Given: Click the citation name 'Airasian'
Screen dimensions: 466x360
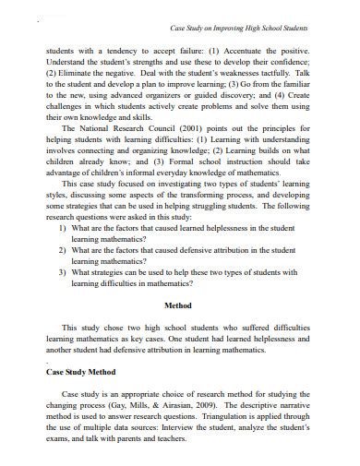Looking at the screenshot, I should click(184, 405).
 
